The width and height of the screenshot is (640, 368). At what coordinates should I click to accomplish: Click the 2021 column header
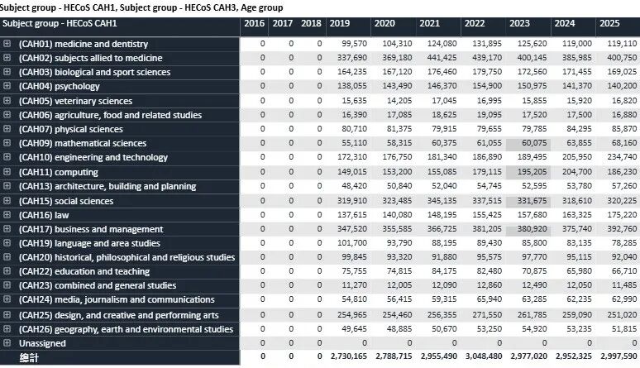point(429,23)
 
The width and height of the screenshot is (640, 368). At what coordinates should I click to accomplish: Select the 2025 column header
point(608,23)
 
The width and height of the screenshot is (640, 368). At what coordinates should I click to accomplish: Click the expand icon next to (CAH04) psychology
point(7,86)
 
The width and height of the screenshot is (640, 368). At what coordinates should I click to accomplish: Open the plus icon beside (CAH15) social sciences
point(7,201)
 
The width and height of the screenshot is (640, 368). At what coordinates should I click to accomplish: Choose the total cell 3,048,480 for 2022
point(481,357)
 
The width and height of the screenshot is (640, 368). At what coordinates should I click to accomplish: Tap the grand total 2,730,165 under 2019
point(347,357)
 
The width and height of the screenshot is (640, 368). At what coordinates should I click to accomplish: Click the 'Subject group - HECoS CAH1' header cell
point(58,23)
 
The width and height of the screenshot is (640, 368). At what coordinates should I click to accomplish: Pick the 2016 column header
point(254,23)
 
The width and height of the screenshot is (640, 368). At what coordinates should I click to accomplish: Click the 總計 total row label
point(30,357)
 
